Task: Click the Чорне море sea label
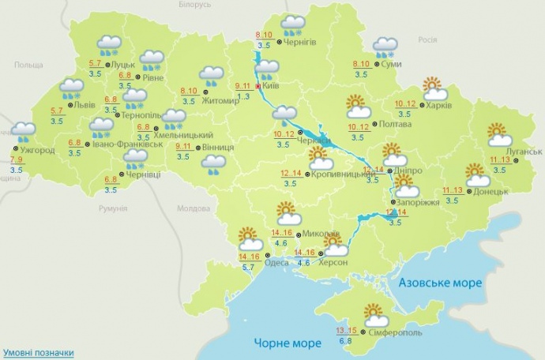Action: pyautogui.click(x=288, y=343)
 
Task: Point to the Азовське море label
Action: pyautogui.click(x=440, y=283)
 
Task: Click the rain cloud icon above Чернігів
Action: pyautogui.click(x=294, y=25)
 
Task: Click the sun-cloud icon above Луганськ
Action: pyautogui.click(x=498, y=135)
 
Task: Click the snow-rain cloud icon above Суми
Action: pyautogui.click(x=385, y=47)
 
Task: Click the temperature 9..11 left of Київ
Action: pyautogui.click(x=244, y=86)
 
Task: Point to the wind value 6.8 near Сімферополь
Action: pyautogui.click(x=345, y=341)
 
